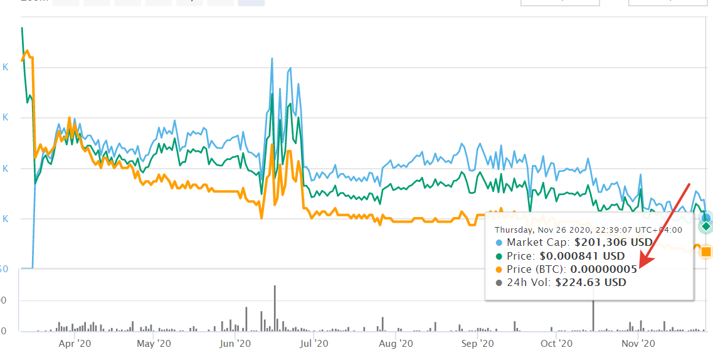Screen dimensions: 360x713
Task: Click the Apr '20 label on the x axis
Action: point(75,344)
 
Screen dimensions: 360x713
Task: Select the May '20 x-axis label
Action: point(154,344)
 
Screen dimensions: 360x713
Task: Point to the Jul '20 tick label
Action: point(314,344)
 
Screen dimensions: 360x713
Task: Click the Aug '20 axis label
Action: point(396,344)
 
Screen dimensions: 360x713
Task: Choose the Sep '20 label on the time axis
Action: point(477,344)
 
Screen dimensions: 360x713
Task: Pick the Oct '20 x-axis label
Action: point(557,344)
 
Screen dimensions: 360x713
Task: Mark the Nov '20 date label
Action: point(638,344)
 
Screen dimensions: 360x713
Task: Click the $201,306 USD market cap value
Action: point(614,242)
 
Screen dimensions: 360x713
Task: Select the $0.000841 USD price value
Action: point(583,256)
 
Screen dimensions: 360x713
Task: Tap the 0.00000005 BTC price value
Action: point(603,269)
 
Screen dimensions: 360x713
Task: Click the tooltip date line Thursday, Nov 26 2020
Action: point(588,230)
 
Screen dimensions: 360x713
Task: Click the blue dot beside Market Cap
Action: point(499,242)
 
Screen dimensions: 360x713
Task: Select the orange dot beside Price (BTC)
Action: point(499,269)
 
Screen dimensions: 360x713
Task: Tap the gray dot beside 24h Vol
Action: point(499,282)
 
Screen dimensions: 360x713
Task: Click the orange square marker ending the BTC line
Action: point(706,251)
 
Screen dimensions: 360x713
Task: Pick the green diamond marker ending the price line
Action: point(706,226)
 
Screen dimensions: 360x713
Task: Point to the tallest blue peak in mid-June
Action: point(272,58)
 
